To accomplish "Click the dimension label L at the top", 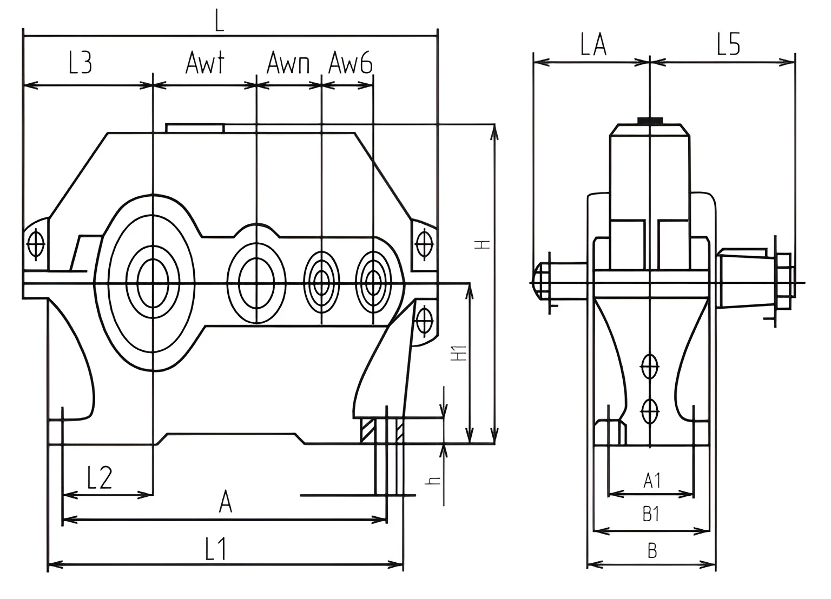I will point(219,22).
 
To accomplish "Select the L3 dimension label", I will point(80,63).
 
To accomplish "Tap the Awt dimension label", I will point(204,63).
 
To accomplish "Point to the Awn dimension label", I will point(288,64).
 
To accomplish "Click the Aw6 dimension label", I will point(351,64).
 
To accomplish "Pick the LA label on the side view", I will point(593,45).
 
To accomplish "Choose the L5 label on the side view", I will point(728,45).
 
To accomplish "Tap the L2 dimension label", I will point(100,478).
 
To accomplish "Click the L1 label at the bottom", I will point(215,550).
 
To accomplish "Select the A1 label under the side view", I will point(652,480).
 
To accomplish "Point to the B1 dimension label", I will point(651,514).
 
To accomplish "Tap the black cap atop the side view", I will point(650,119).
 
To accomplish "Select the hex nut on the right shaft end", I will point(784,282).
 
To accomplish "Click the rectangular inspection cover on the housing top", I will point(195,128).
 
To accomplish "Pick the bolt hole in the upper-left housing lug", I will point(36,244).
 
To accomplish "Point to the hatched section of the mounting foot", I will point(367,430).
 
